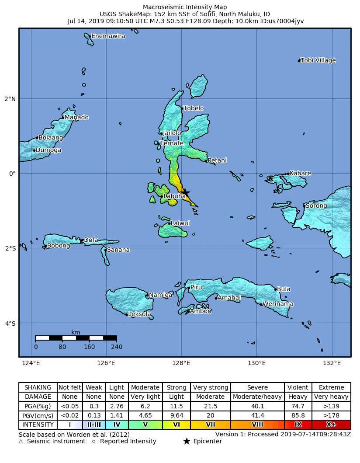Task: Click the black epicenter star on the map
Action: click(185, 192)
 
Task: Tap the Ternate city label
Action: click(171, 143)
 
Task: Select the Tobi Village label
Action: click(318, 60)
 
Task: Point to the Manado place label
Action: click(76, 117)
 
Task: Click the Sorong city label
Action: click(316, 205)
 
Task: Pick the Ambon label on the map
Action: click(201, 311)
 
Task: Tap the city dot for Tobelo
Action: click(182, 108)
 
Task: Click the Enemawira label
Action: click(108, 36)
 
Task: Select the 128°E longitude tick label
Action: click(181, 363)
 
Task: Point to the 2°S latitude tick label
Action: click(10, 248)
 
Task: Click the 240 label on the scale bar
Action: click(116, 347)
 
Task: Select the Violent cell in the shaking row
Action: click(298, 387)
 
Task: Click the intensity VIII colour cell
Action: click(257, 425)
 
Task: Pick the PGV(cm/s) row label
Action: click(38, 415)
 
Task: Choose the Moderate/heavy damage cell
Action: click(257, 397)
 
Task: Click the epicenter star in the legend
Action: click(187, 442)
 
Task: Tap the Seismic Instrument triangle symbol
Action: click(21, 442)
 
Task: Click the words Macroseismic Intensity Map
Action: click(186, 7)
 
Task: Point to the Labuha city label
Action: click(175, 197)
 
